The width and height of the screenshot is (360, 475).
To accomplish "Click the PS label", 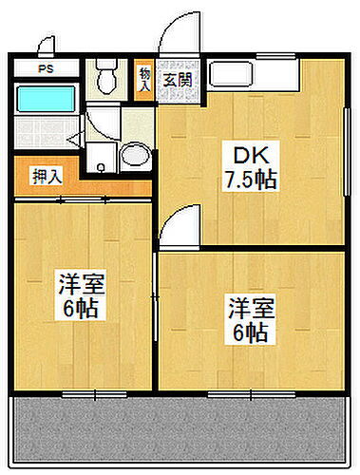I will [45, 68].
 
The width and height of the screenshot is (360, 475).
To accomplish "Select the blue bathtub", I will [47, 100].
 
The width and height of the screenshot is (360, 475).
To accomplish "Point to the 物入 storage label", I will [144, 78].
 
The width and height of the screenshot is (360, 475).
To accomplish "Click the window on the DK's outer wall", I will [343, 142].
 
